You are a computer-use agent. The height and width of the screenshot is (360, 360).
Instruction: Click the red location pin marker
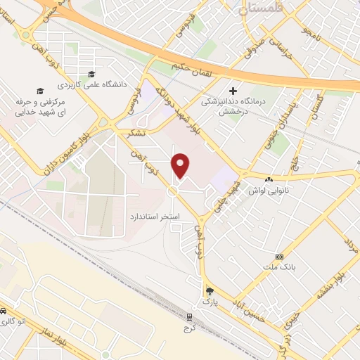coord(181,165)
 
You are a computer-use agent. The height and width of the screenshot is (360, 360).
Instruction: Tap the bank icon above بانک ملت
coord(281,257)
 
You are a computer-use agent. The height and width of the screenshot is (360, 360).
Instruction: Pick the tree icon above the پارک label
coord(208,290)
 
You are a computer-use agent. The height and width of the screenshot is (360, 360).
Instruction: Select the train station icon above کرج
coord(188,316)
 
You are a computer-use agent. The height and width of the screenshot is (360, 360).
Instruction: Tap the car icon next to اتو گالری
coord(4,311)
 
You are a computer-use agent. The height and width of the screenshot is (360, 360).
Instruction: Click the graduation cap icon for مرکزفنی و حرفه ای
coord(40,91)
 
